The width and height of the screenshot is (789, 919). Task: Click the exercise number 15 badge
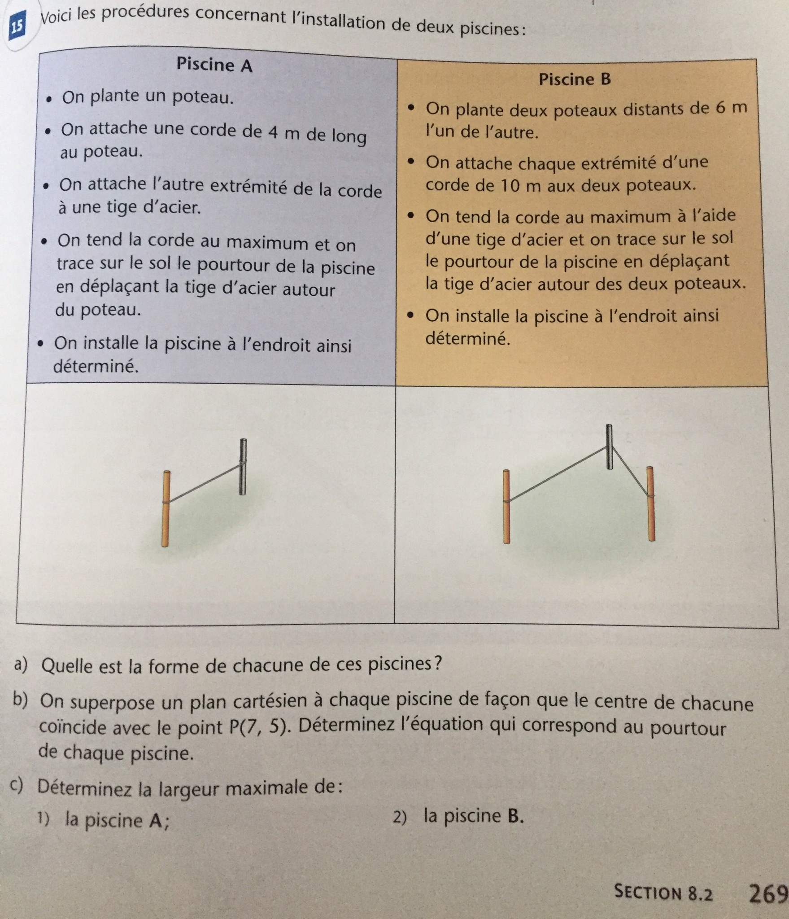click(x=17, y=27)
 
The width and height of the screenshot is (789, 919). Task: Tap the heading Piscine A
click(x=214, y=65)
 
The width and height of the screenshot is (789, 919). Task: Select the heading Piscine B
click(x=575, y=79)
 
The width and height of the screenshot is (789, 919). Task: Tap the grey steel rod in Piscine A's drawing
click(x=243, y=467)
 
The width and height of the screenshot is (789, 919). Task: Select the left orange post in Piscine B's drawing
click(x=506, y=507)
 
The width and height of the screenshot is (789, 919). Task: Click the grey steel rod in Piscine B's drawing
click(x=609, y=446)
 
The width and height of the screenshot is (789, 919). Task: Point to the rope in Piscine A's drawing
click(x=204, y=483)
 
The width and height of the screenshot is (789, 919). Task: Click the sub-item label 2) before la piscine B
click(x=400, y=817)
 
